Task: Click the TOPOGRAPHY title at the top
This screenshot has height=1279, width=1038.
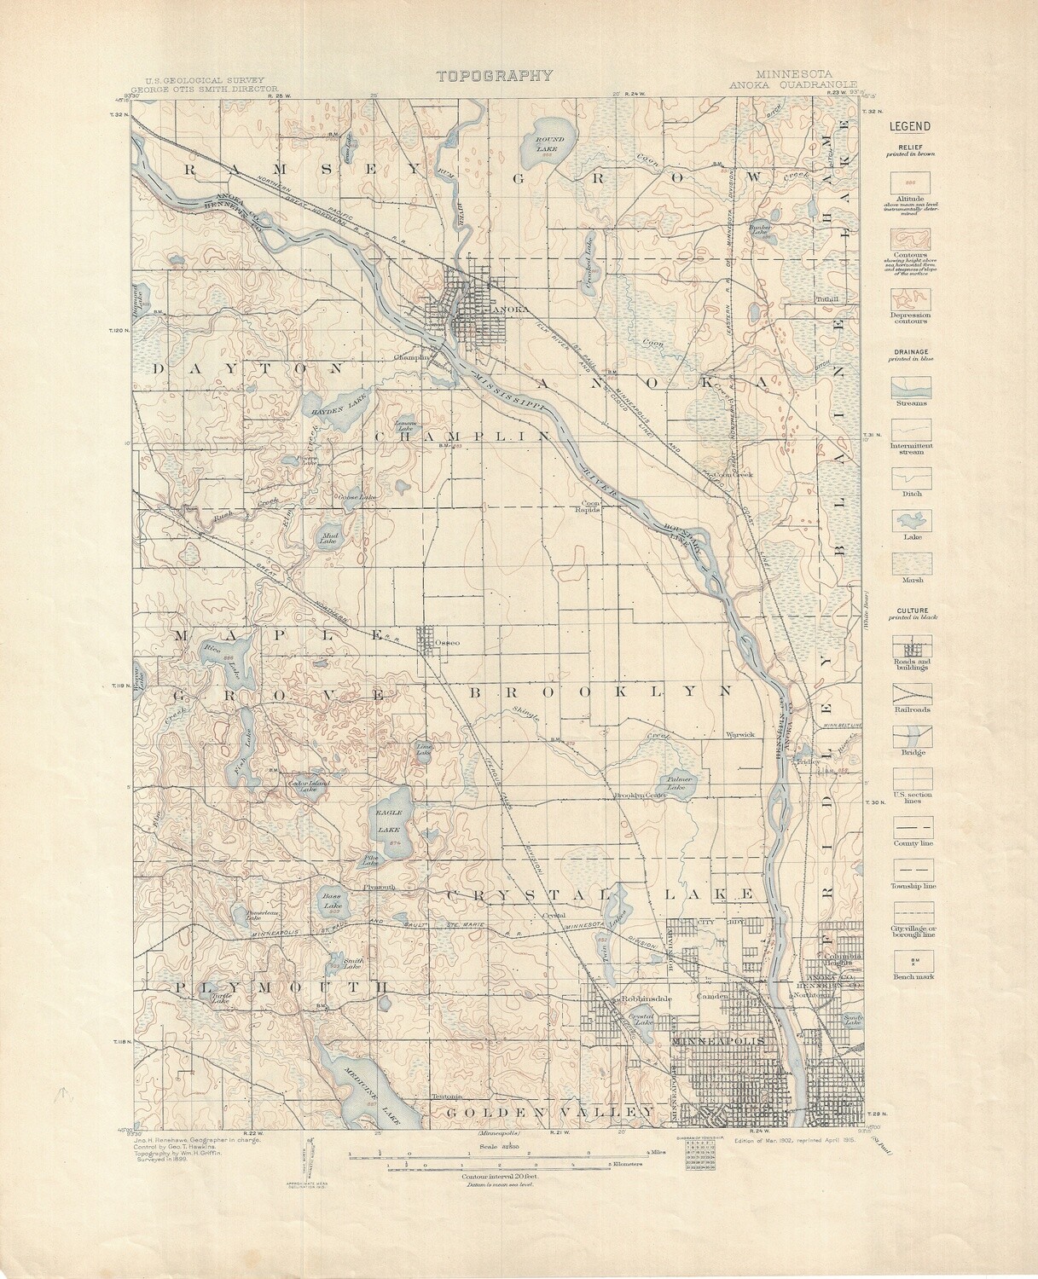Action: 494,76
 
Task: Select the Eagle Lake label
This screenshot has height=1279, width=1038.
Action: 388,821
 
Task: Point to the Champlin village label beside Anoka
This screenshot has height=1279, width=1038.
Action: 409,358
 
